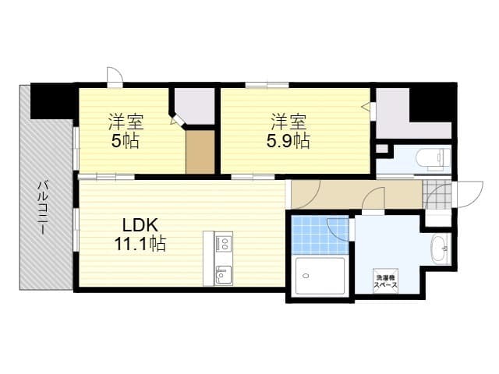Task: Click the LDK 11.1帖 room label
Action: (140, 235)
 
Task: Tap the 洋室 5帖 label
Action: (126, 131)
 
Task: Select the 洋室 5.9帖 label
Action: (288, 131)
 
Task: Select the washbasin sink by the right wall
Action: (440, 249)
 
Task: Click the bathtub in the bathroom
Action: (320, 276)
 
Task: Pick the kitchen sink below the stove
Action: (224, 274)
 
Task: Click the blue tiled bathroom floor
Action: (320, 235)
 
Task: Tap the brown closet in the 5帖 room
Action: (200, 152)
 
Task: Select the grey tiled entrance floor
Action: (437, 195)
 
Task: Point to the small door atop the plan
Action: (115, 76)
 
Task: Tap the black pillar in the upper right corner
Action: (433, 102)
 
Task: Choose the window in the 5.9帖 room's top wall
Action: (267, 85)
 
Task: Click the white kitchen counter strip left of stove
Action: (209, 258)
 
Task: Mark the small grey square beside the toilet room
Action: (382, 149)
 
